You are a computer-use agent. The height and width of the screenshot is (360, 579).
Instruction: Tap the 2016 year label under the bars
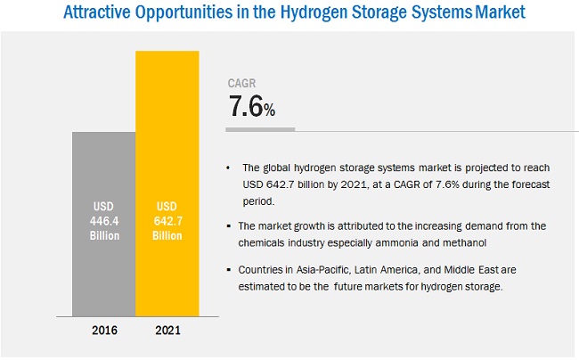(x=103, y=331)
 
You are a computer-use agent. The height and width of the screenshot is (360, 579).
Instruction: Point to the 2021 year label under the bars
(x=167, y=331)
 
